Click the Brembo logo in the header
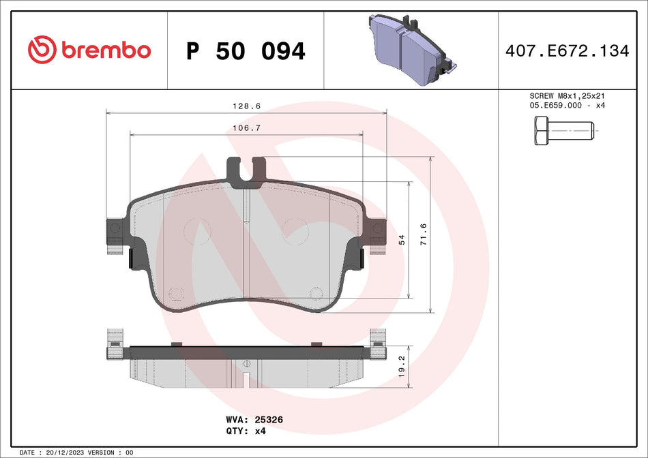pos(89,50)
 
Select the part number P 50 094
pos(246,51)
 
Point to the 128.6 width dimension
pos(246,106)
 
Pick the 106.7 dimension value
pos(246,128)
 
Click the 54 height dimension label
pos(402,239)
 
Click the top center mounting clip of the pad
pos(246,170)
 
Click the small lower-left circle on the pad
pos(177,294)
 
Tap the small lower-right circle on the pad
pos(315,294)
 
